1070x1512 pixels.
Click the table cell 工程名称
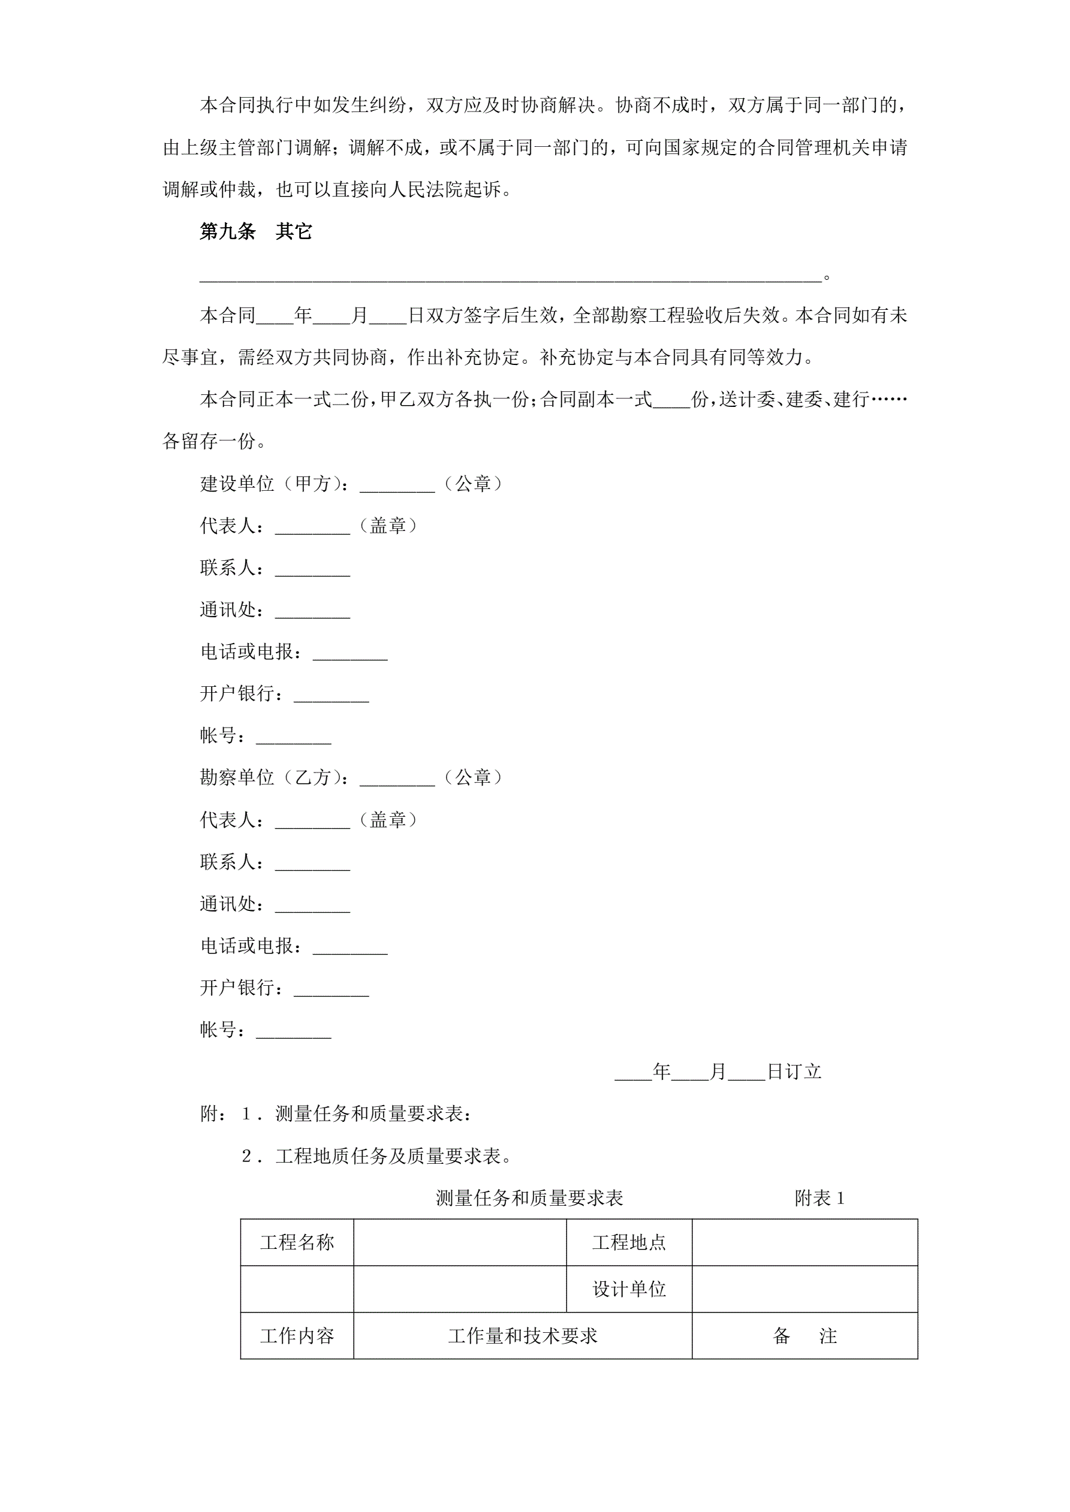pyautogui.click(x=297, y=1242)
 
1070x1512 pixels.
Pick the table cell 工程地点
pyautogui.click(x=629, y=1242)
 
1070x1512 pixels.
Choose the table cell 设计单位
pyautogui.click(x=629, y=1288)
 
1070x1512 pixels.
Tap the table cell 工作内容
pyautogui.click(x=297, y=1336)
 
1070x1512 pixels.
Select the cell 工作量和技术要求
pyautogui.click(x=523, y=1336)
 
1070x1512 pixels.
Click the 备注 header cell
pyautogui.click(x=804, y=1336)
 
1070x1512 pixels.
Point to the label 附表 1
pyautogui.click(x=819, y=1198)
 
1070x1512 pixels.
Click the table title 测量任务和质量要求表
pyautogui.click(x=529, y=1198)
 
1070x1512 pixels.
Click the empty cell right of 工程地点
pyautogui.click(x=804, y=1242)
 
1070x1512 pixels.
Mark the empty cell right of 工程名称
pyautogui.click(x=460, y=1242)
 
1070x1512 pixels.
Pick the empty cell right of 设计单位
pyautogui.click(x=804, y=1288)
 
